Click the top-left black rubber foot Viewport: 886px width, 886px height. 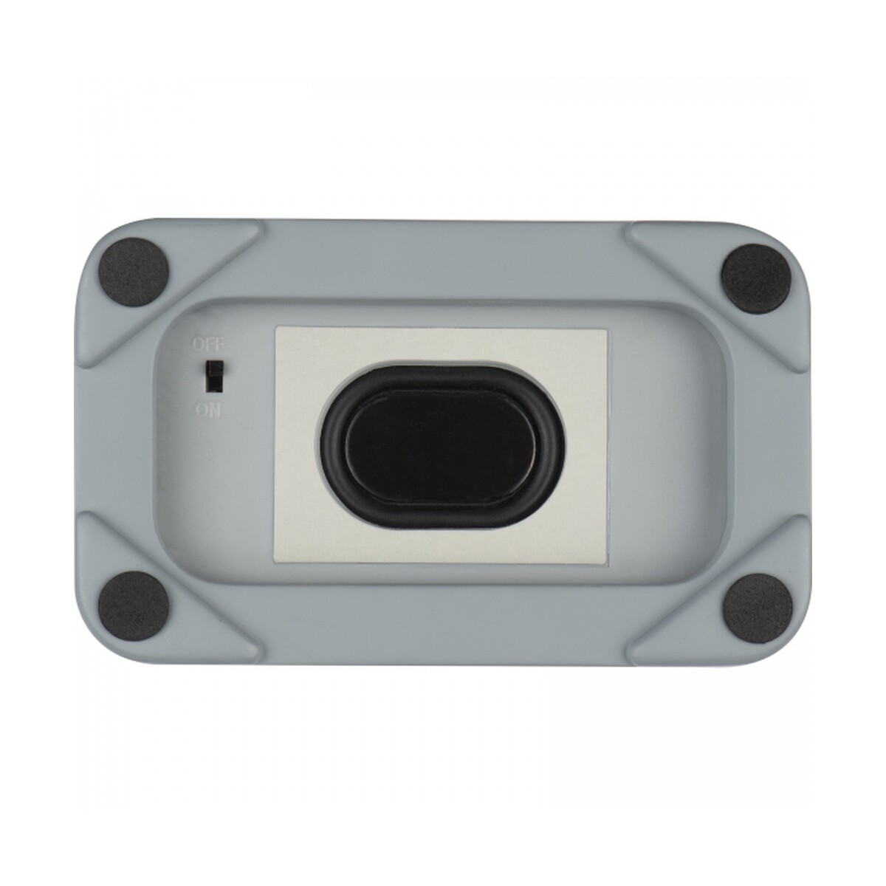[134, 272]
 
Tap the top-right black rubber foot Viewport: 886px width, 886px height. [756, 279]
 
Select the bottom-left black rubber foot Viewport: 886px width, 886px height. [134, 606]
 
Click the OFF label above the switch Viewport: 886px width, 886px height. [209, 344]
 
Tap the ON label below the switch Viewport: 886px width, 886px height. [208, 410]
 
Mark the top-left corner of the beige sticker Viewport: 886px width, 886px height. [275, 327]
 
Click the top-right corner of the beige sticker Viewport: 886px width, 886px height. [607, 329]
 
